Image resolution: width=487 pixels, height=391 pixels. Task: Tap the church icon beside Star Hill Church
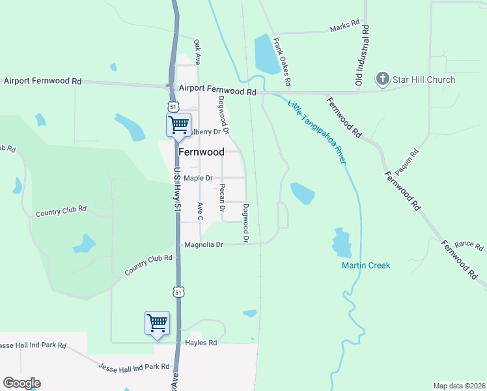[382, 80]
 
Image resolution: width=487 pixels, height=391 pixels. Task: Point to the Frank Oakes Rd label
[281, 62]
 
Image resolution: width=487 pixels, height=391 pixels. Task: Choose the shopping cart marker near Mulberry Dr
[178, 124]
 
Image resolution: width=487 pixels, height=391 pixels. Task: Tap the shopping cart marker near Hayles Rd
[157, 323]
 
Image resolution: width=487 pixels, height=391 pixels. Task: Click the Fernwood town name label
[201, 152]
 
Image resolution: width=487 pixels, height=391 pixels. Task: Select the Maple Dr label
[198, 178]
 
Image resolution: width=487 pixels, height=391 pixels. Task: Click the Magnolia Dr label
[204, 244]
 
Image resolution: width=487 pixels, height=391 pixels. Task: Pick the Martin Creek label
[365, 265]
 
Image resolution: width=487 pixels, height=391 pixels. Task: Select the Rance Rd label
[469, 245]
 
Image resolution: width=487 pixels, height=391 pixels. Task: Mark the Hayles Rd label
[200, 341]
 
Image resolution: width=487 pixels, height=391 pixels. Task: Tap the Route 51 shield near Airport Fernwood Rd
[172, 106]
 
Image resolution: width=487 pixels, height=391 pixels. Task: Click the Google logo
[21, 383]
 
